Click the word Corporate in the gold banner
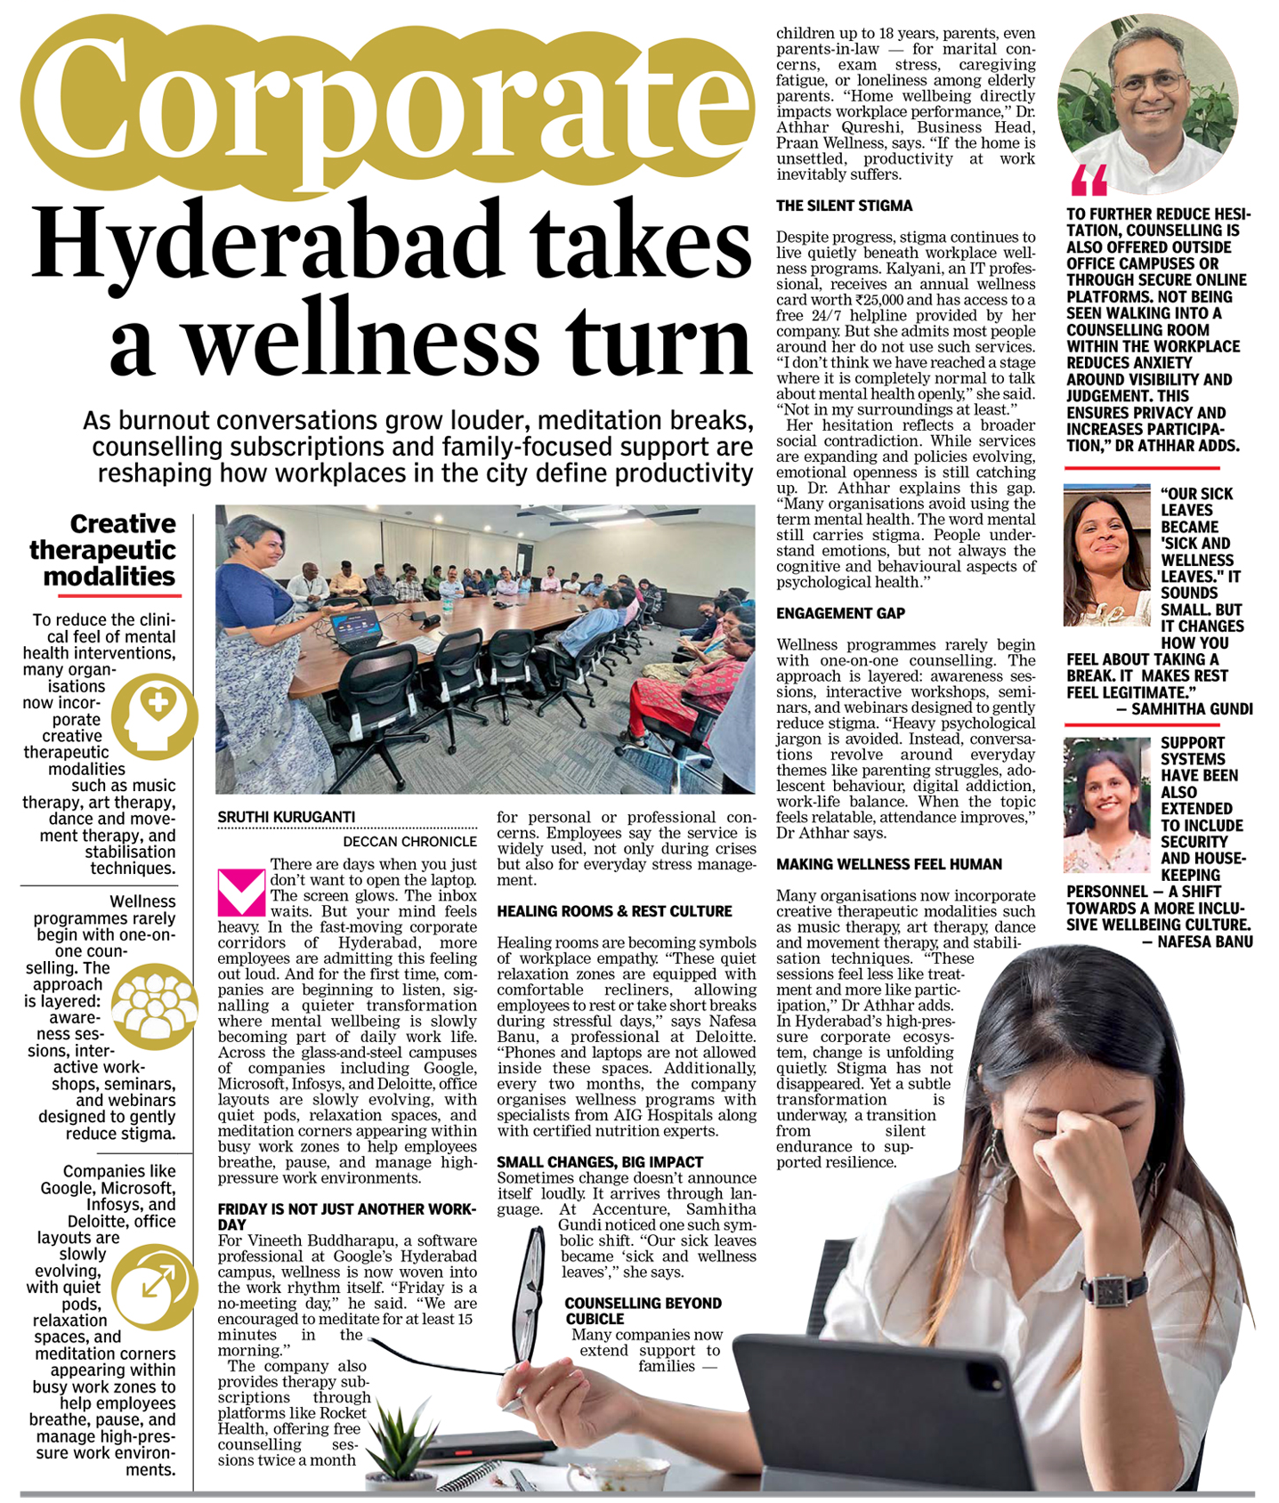pos(387,108)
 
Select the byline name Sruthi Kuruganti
pos(287,817)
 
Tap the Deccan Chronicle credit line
pos(409,841)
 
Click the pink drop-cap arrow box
pos(241,893)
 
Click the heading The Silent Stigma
pos(844,206)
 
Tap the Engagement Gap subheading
pos(840,613)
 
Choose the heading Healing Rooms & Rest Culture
pos(614,911)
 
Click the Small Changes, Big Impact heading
pos(600,1162)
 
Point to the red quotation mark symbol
pos(1089,180)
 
